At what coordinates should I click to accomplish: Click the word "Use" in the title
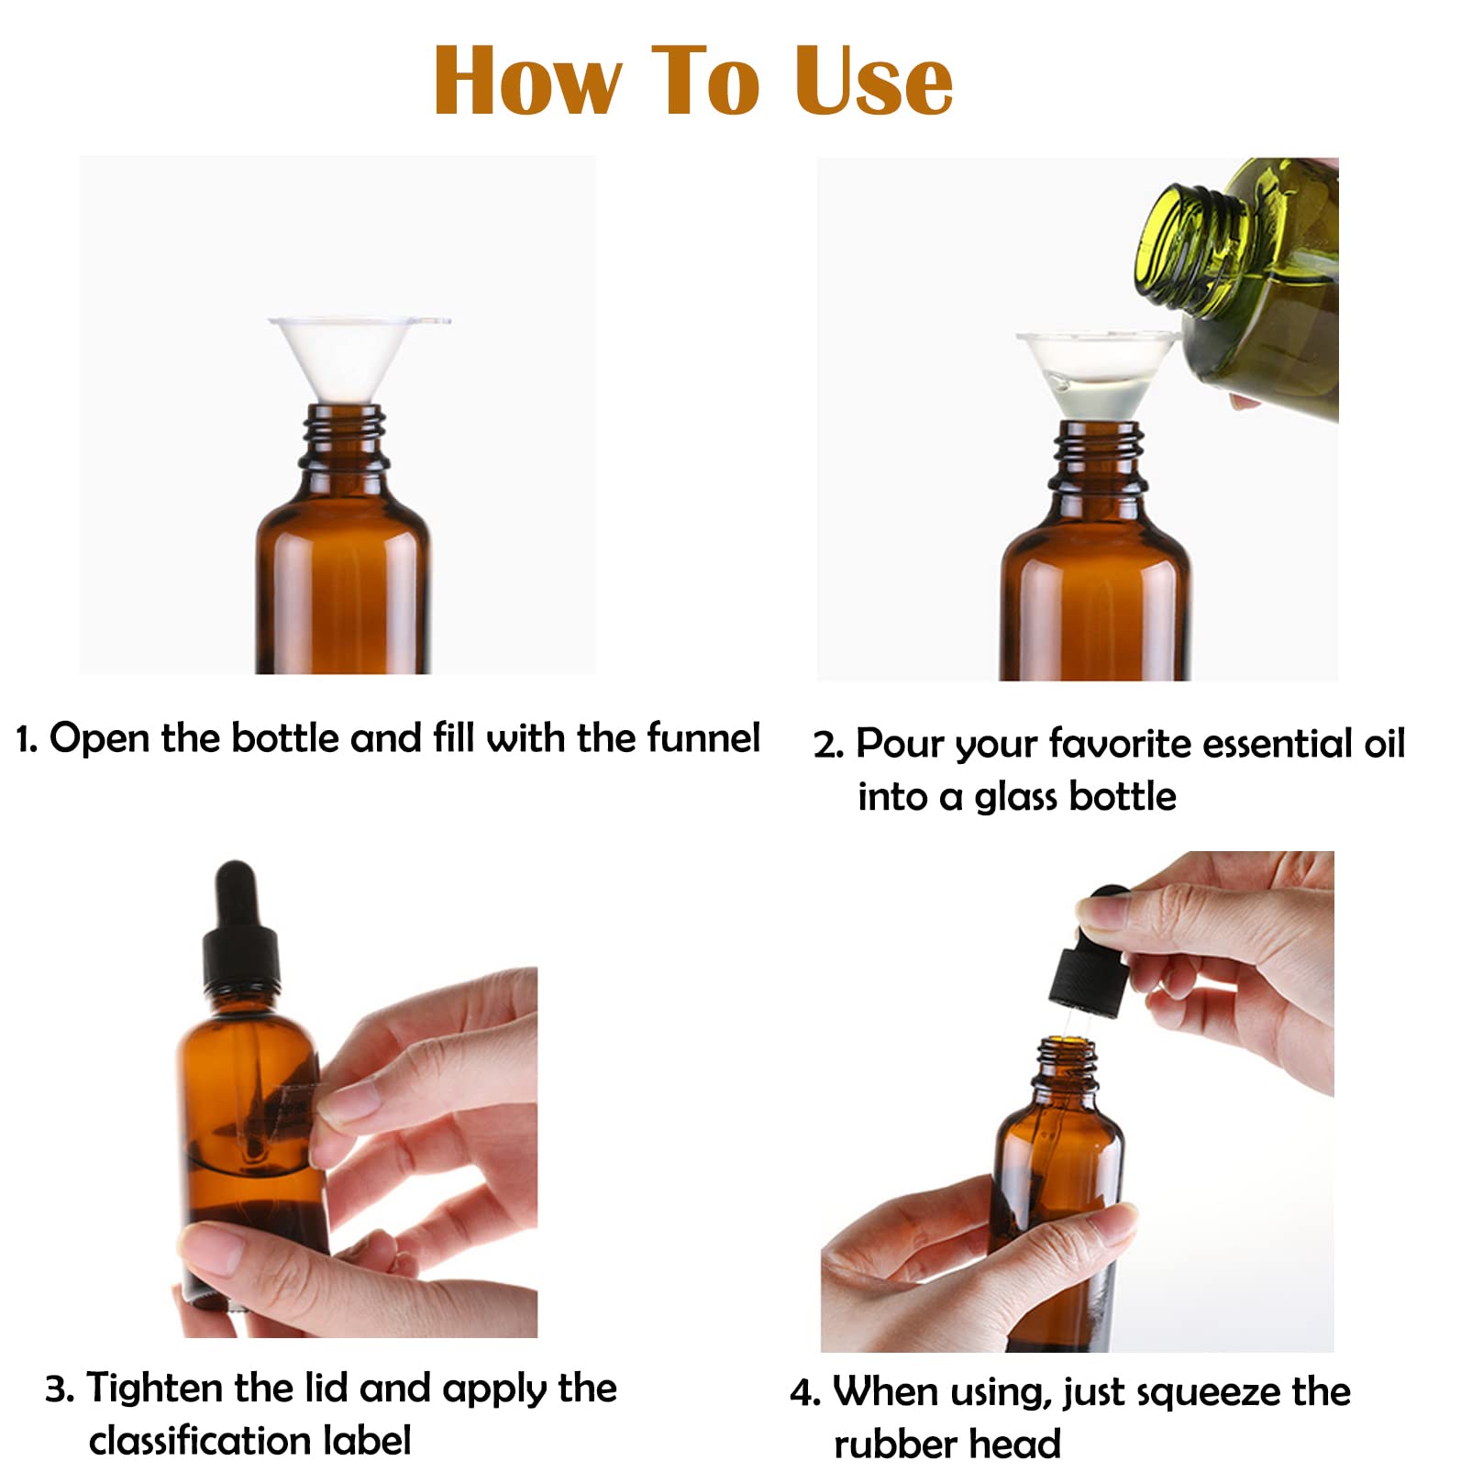[x=874, y=82]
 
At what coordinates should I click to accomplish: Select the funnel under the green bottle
[x=1096, y=377]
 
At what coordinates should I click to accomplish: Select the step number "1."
[x=27, y=739]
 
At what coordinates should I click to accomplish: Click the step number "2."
[x=828, y=745]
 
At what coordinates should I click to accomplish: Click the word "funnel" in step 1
[x=703, y=737]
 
